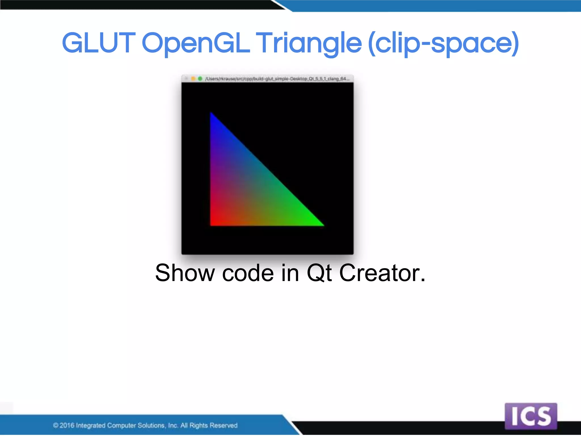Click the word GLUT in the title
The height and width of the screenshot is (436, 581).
98,43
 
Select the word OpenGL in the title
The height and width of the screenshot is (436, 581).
196,43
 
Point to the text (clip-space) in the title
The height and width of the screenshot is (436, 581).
443,43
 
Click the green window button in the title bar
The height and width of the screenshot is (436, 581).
200,79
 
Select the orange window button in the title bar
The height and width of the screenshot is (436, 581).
193,79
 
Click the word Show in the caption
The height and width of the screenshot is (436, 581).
185,273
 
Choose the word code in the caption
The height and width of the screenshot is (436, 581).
248,273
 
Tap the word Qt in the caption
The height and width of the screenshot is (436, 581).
319,273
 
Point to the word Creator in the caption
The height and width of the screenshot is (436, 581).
382,273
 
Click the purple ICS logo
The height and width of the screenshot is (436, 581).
531,416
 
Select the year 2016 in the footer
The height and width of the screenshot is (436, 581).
67,425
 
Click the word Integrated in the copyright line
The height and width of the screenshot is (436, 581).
90,425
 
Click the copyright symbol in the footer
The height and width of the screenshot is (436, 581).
56,425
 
